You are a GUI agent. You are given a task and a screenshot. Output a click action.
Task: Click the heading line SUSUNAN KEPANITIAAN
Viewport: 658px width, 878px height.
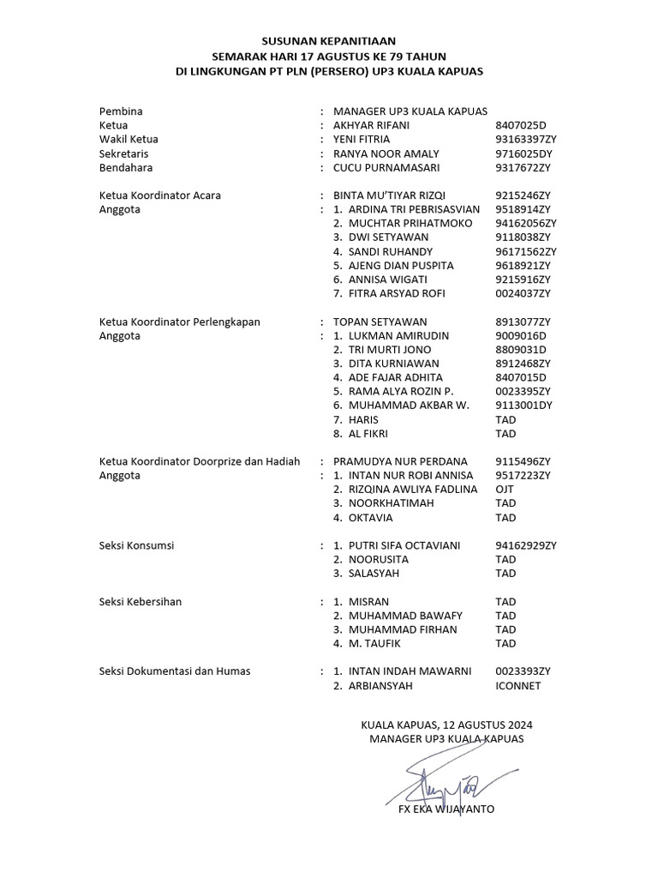click(329, 40)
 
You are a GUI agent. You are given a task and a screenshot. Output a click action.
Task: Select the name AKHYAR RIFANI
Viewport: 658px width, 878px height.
click(371, 125)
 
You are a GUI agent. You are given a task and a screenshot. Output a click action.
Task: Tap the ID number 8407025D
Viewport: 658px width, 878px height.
click(520, 125)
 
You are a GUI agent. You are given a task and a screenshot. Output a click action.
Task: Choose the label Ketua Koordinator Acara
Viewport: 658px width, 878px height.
click(160, 195)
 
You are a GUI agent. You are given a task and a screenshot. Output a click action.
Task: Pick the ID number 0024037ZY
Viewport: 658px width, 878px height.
click(523, 293)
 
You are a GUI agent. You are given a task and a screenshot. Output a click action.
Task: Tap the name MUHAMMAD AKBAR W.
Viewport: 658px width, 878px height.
click(409, 406)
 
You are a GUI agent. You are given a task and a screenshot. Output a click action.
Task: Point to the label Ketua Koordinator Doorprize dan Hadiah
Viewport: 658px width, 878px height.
click(200, 461)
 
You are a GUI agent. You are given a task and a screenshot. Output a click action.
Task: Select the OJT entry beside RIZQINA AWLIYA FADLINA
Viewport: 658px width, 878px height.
click(505, 490)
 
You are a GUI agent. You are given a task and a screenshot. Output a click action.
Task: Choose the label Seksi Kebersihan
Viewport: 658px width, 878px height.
click(141, 602)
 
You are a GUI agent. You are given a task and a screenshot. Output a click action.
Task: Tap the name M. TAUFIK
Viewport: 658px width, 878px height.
click(374, 644)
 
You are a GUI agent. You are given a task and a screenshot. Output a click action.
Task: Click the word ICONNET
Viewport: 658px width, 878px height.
click(518, 686)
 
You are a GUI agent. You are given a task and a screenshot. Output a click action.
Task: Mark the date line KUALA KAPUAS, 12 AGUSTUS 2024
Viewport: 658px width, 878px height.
click(446, 725)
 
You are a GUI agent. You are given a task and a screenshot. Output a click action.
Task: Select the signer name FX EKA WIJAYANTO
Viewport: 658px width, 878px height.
click(446, 809)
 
